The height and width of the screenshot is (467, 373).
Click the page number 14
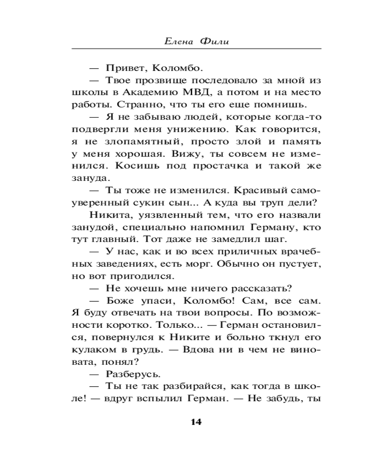pyautogui.click(x=195, y=422)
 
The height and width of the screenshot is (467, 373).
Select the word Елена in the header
pyautogui.click(x=177, y=42)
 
